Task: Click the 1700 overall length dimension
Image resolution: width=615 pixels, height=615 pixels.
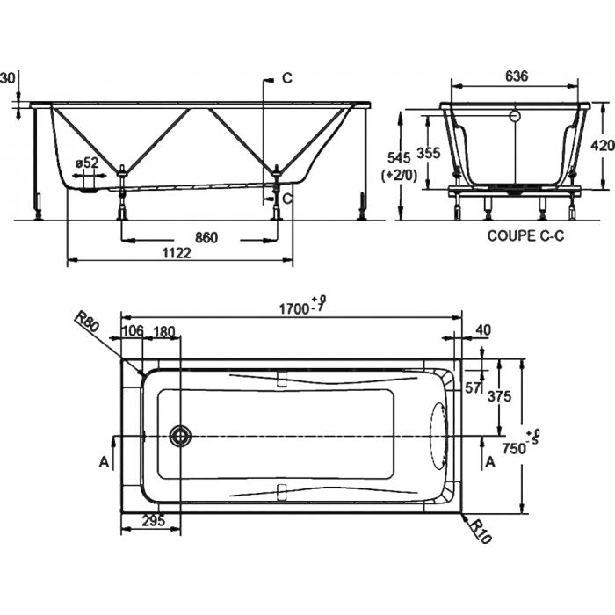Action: click(x=294, y=308)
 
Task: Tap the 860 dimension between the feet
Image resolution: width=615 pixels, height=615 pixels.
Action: click(x=206, y=237)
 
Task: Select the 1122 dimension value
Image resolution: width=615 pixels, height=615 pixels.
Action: click(x=177, y=253)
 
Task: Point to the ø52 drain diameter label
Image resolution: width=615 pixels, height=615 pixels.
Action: click(x=87, y=162)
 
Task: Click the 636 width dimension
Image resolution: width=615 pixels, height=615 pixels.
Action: click(x=517, y=76)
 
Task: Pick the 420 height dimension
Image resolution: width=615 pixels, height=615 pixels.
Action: click(x=603, y=146)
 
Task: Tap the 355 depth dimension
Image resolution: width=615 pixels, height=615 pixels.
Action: click(x=429, y=152)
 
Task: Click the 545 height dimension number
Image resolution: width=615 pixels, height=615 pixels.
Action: click(x=399, y=157)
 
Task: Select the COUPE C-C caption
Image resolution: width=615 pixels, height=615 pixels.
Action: click(x=525, y=235)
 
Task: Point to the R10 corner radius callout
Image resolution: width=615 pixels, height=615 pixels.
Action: click(x=480, y=531)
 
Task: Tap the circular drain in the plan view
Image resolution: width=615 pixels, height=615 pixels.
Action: click(x=180, y=436)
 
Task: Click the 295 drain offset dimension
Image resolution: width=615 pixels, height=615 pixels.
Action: click(x=153, y=521)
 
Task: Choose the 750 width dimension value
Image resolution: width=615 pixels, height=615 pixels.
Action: click(x=514, y=447)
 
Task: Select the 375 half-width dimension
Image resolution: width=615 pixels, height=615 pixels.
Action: click(x=499, y=396)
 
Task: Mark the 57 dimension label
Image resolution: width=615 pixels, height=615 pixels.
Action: click(x=473, y=388)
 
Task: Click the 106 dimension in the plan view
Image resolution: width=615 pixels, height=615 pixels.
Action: click(x=134, y=331)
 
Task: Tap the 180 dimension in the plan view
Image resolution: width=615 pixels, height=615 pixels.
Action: click(x=163, y=332)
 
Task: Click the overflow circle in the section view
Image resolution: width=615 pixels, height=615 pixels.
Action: click(x=515, y=116)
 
